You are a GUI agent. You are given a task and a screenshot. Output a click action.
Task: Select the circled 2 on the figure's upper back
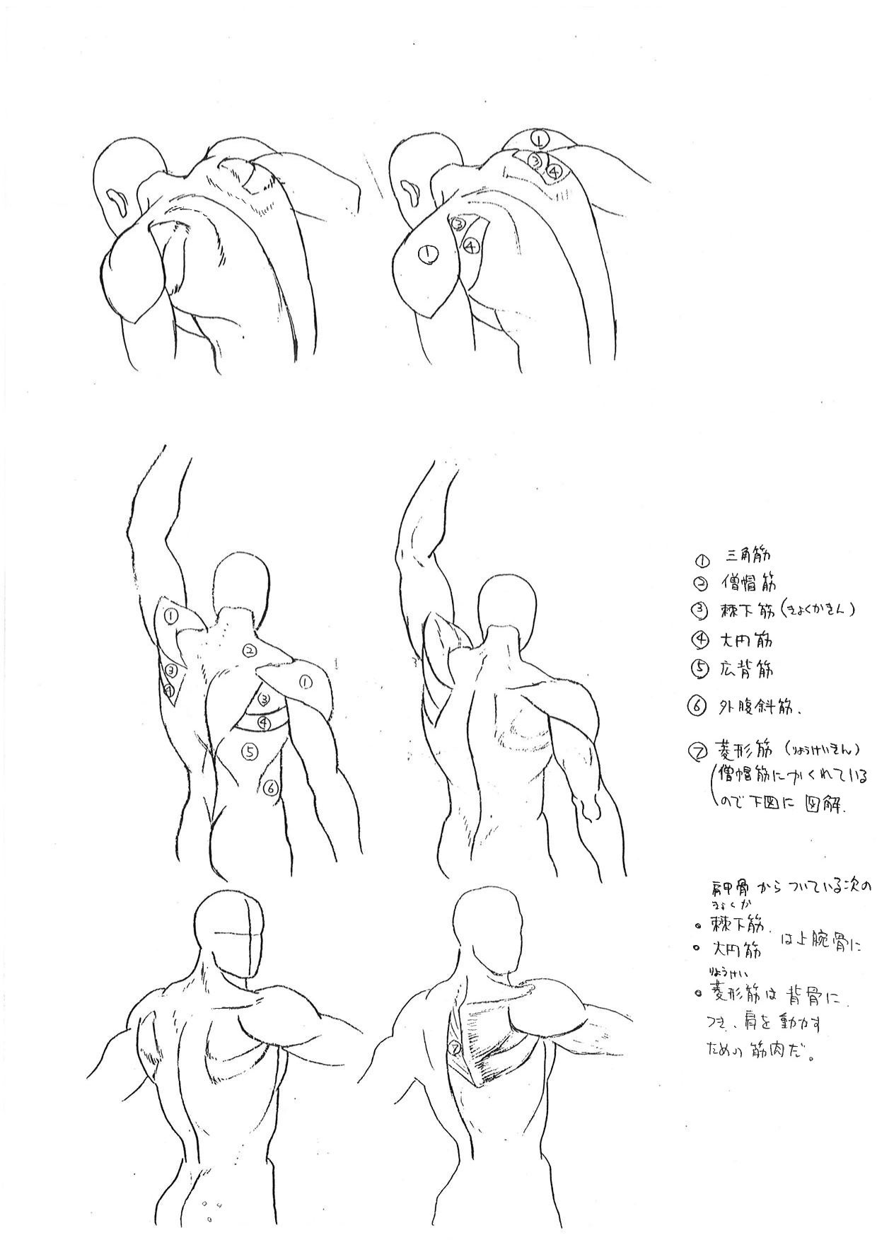pos(249,651)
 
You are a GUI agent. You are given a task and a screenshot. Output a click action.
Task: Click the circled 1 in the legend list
pos(700,560)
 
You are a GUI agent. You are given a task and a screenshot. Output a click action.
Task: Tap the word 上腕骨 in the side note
pos(820,941)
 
